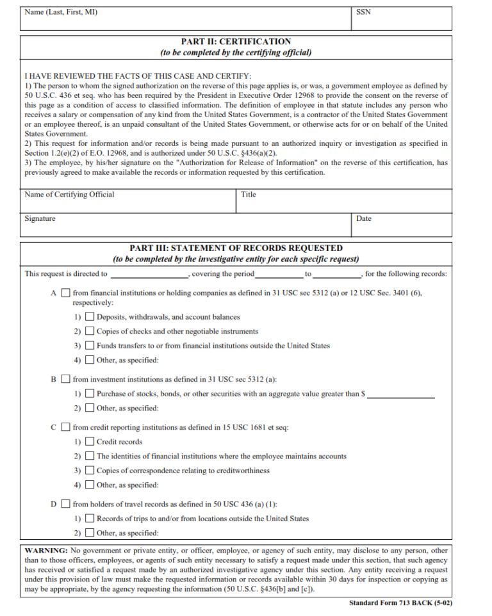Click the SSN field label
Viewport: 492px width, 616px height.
coord(363,12)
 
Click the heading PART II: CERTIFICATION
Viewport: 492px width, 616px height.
coord(236,42)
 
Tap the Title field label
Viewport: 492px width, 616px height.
coord(249,195)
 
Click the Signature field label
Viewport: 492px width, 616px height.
coord(40,219)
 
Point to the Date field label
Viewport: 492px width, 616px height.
coord(364,219)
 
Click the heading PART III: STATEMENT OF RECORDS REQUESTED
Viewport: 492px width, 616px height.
coord(236,248)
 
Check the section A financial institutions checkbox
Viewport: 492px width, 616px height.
coord(65,293)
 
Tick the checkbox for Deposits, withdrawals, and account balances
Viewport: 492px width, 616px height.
coord(90,317)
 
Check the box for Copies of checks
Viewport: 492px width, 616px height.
coord(90,332)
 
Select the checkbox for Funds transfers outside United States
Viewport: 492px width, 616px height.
coord(90,346)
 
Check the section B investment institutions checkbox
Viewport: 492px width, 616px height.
coord(65,380)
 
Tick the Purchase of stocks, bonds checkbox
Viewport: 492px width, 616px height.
coord(90,394)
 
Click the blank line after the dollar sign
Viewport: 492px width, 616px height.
coord(401,396)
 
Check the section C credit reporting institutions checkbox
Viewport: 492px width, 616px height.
coord(65,428)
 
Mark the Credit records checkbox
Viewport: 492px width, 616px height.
coord(90,442)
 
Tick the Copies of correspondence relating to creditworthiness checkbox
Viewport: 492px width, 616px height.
coord(90,471)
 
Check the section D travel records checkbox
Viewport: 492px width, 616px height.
coord(65,505)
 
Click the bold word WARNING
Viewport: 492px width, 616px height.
coord(45,551)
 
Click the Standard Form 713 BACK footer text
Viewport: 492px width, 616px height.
coord(401,603)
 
